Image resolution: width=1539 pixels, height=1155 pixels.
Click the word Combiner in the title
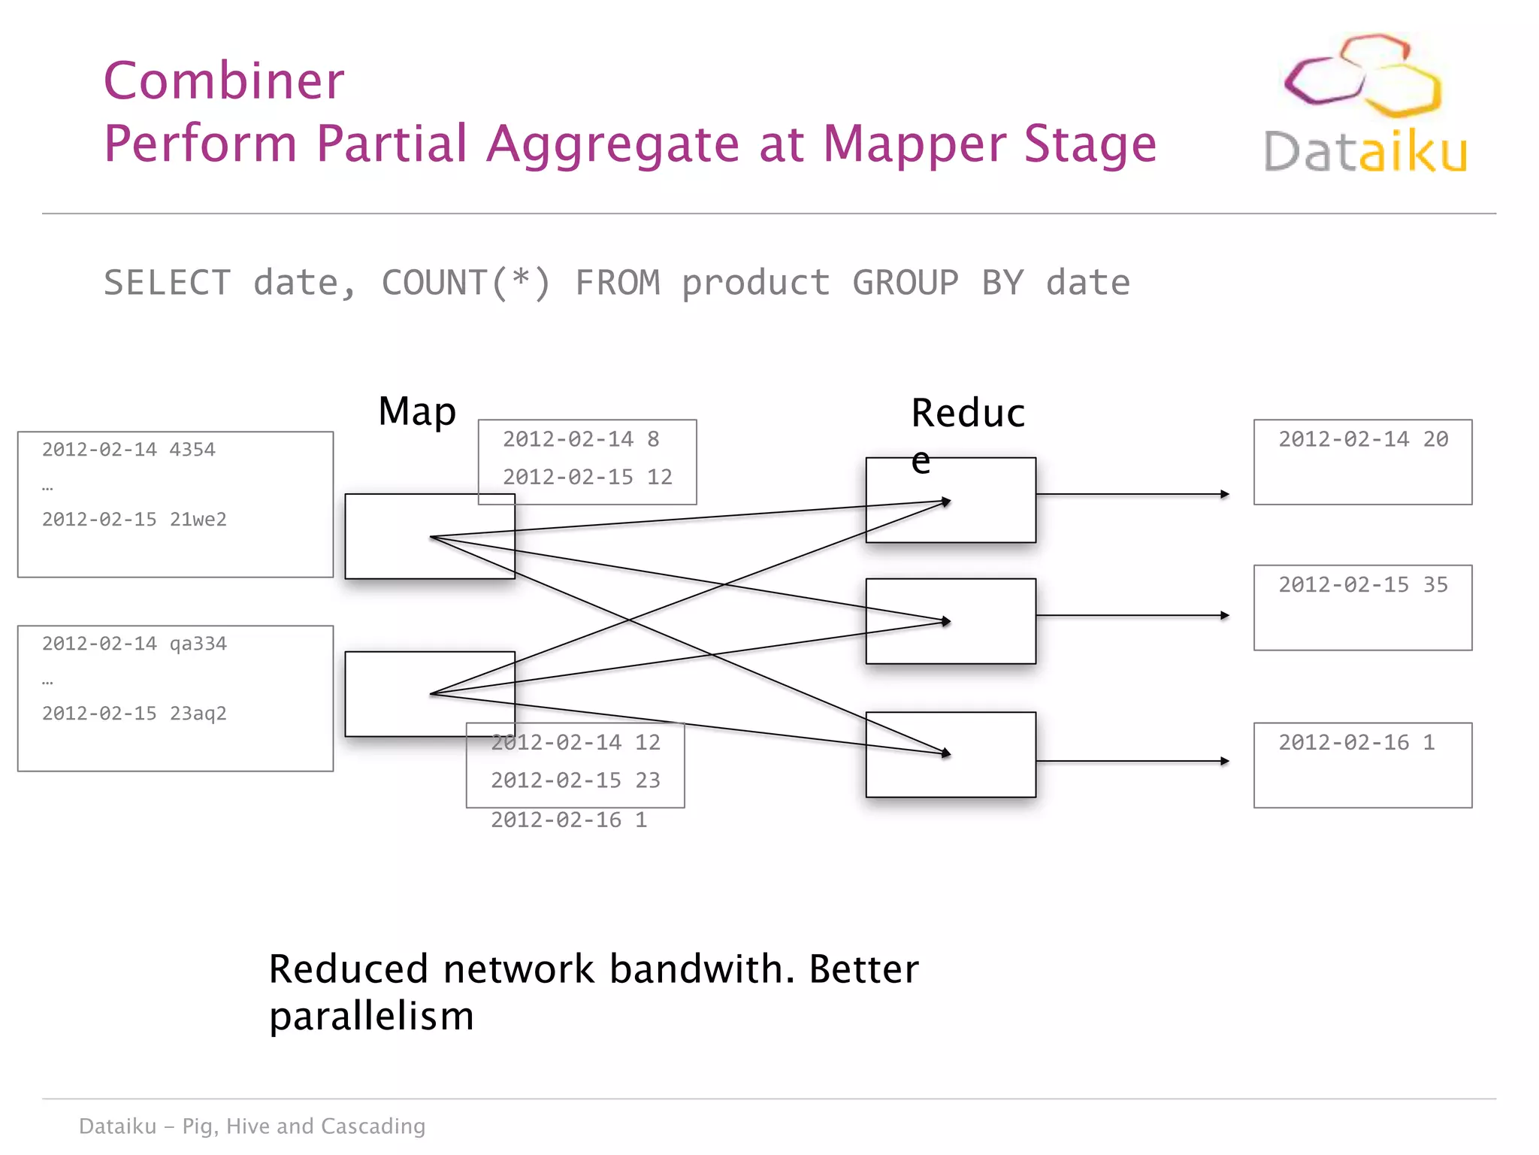tap(224, 80)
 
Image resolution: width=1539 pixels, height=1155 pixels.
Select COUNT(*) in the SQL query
tap(466, 283)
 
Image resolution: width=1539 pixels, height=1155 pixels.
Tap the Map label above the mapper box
tap(417, 412)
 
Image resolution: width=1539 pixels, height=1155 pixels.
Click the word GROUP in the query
tap(905, 283)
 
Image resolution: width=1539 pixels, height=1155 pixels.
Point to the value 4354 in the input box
tap(192, 450)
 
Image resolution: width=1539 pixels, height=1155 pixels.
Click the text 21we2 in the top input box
tap(198, 520)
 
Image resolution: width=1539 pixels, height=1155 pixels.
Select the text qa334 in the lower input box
tap(198, 644)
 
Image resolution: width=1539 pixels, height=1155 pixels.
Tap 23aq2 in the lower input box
tap(198, 714)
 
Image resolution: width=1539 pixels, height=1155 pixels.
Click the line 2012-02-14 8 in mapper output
tap(580, 439)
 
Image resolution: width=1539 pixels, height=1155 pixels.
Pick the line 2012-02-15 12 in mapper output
tap(587, 477)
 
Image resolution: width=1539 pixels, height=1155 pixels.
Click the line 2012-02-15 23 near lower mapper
tap(575, 781)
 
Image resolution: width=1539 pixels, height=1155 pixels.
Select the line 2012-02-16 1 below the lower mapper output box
tap(568, 820)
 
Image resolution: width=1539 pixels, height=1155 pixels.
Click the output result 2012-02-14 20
tap(1362, 439)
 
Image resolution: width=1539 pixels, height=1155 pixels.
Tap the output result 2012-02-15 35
tap(1362, 585)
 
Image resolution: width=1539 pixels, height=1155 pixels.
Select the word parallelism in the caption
tap(371, 1017)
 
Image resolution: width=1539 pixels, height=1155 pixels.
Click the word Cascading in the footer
tap(373, 1126)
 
